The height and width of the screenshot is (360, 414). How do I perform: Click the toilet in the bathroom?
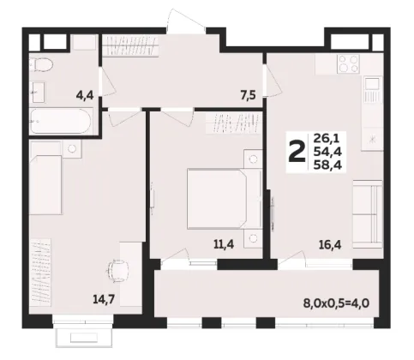(x=42, y=64)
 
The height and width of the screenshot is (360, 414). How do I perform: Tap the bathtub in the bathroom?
(x=61, y=121)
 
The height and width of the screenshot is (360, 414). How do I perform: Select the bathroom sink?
(x=38, y=92)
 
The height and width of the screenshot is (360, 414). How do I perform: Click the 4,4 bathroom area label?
(x=85, y=95)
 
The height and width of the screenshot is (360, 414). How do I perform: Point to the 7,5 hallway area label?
(x=248, y=96)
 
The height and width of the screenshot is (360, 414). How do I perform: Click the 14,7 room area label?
(x=104, y=299)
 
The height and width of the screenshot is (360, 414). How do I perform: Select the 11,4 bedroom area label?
(x=224, y=244)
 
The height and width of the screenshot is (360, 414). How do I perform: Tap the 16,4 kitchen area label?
(x=330, y=245)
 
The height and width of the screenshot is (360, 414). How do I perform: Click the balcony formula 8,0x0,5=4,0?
(x=336, y=303)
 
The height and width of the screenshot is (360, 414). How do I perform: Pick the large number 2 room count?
(x=296, y=153)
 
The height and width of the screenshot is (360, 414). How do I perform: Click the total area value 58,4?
(x=327, y=165)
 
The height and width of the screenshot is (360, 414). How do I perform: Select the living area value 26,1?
(x=326, y=139)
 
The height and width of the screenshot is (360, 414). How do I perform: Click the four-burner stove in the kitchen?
(x=348, y=63)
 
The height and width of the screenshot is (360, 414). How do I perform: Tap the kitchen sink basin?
(x=373, y=84)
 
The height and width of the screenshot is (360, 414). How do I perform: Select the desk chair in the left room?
(x=117, y=271)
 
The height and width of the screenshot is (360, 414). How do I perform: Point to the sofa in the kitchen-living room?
(x=368, y=214)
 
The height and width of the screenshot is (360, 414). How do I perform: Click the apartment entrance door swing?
(x=186, y=20)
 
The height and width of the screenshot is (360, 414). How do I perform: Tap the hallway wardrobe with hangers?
(x=130, y=45)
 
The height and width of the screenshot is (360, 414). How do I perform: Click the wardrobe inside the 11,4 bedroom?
(x=234, y=123)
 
